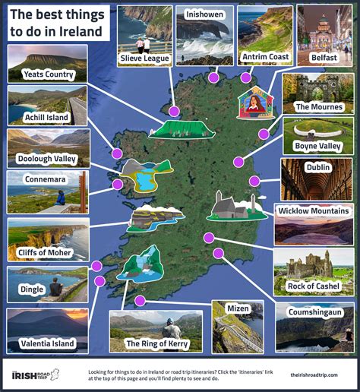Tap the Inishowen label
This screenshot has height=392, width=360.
pyautogui.click(x=204, y=13)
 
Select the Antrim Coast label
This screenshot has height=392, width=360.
pyautogui.click(x=265, y=56)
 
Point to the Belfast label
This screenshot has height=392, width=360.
pyautogui.click(x=324, y=57)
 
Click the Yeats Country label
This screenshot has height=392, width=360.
pyautogui.click(x=48, y=74)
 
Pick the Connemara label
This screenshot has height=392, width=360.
pyautogui.click(x=36, y=180)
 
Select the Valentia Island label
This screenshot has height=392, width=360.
pyautogui.click(x=47, y=343)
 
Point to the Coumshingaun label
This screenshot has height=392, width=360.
pyautogui.click(x=314, y=312)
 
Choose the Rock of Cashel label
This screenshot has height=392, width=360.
pyautogui.click(x=313, y=286)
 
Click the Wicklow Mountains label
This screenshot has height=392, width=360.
pyautogui.click(x=314, y=210)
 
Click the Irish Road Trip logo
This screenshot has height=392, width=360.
pyautogui.click(x=35, y=374)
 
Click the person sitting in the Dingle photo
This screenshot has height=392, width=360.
pyautogui.click(x=55, y=287)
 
